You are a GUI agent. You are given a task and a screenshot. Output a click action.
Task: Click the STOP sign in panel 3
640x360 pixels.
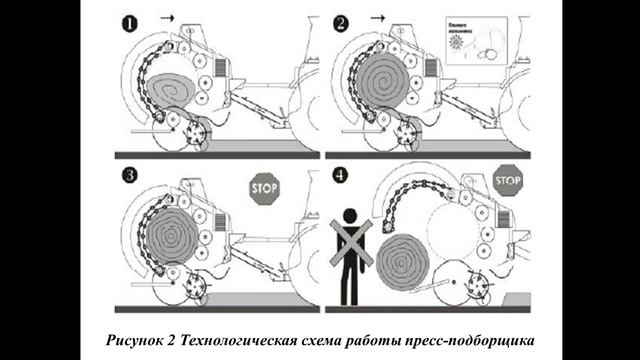(x=265, y=187)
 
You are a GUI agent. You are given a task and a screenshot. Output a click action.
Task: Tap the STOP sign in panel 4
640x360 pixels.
(x=508, y=180)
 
